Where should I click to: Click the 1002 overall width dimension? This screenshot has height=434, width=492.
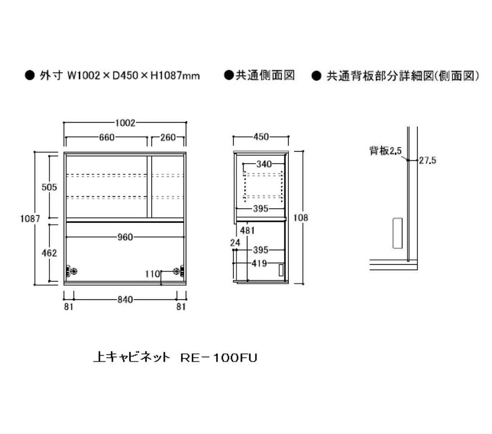click(x=125, y=123)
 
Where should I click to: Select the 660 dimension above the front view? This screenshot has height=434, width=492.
click(x=107, y=137)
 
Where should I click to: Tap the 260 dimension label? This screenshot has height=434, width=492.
click(x=168, y=137)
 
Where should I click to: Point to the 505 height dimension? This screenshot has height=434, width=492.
click(x=49, y=187)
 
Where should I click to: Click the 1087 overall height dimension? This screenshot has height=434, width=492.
click(x=30, y=218)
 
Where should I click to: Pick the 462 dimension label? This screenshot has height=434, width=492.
click(x=49, y=253)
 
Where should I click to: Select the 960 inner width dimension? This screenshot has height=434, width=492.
click(x=125, y=237)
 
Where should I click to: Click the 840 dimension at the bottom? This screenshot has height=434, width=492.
click(x=125, y=300)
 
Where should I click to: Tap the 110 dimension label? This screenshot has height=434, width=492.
click(x=153, y=274)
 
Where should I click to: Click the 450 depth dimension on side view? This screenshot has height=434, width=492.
click(x=261, y=137)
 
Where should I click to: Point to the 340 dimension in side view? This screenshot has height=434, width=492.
click(x=264, y=164)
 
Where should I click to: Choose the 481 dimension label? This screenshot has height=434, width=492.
click(x=247, y=231)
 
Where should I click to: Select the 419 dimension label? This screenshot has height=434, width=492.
click(x=260, y=263)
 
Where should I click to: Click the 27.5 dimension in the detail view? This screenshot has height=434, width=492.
click(x=427, y=160)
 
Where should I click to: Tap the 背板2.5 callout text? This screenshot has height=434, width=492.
click(x=385, y=151)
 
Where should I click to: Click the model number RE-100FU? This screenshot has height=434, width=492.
click(x=219, y=357)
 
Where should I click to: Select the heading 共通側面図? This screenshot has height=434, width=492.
click(x=265, y=75)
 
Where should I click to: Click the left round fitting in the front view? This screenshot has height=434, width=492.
click(x=74, y=271)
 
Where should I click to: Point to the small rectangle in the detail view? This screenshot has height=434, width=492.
click(x=398, y=233)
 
